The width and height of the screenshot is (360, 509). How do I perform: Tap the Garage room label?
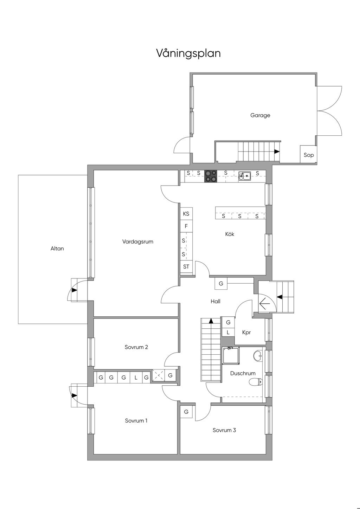click(260, 115)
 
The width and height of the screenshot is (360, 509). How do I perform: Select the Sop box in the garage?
click(308, 154)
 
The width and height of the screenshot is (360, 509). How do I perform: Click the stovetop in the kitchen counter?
click(211, 176)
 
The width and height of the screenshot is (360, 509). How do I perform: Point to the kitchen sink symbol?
click(245, 176)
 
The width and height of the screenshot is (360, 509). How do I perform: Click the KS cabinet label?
click(186, 214)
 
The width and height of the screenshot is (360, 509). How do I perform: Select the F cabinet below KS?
click(186, 226)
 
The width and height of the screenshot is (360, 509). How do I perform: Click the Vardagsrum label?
click(138, 241)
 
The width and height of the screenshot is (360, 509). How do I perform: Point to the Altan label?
click(57, 249)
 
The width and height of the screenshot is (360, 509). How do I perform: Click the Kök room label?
click(230, 234)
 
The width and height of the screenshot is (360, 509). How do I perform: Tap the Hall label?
click(216, 301)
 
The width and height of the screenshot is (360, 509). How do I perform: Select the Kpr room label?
click(246, 333)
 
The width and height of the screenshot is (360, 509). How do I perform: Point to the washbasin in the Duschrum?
click(258, 356)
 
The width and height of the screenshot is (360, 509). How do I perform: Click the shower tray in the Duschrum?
click(231, 356)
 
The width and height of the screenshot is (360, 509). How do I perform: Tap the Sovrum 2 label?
click(136, 347)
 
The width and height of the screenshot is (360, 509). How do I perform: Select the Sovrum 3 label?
click(224, 430)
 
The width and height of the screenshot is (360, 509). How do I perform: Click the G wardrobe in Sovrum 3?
click(186, 412)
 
